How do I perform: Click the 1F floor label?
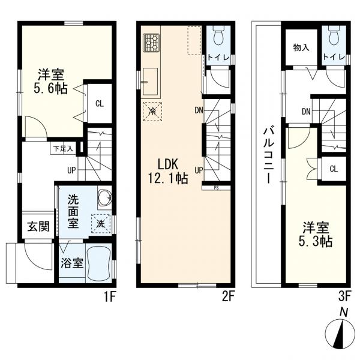[110, 295]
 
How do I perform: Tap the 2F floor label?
[227, 295]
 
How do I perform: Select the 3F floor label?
[344, 295]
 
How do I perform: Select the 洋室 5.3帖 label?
[316, 235]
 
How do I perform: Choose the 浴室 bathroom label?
[71, 264]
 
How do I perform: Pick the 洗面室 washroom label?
[73, 211]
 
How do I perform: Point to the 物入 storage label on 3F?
[301, 47]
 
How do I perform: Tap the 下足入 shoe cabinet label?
[62, 148]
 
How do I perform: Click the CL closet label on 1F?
[99, 103]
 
